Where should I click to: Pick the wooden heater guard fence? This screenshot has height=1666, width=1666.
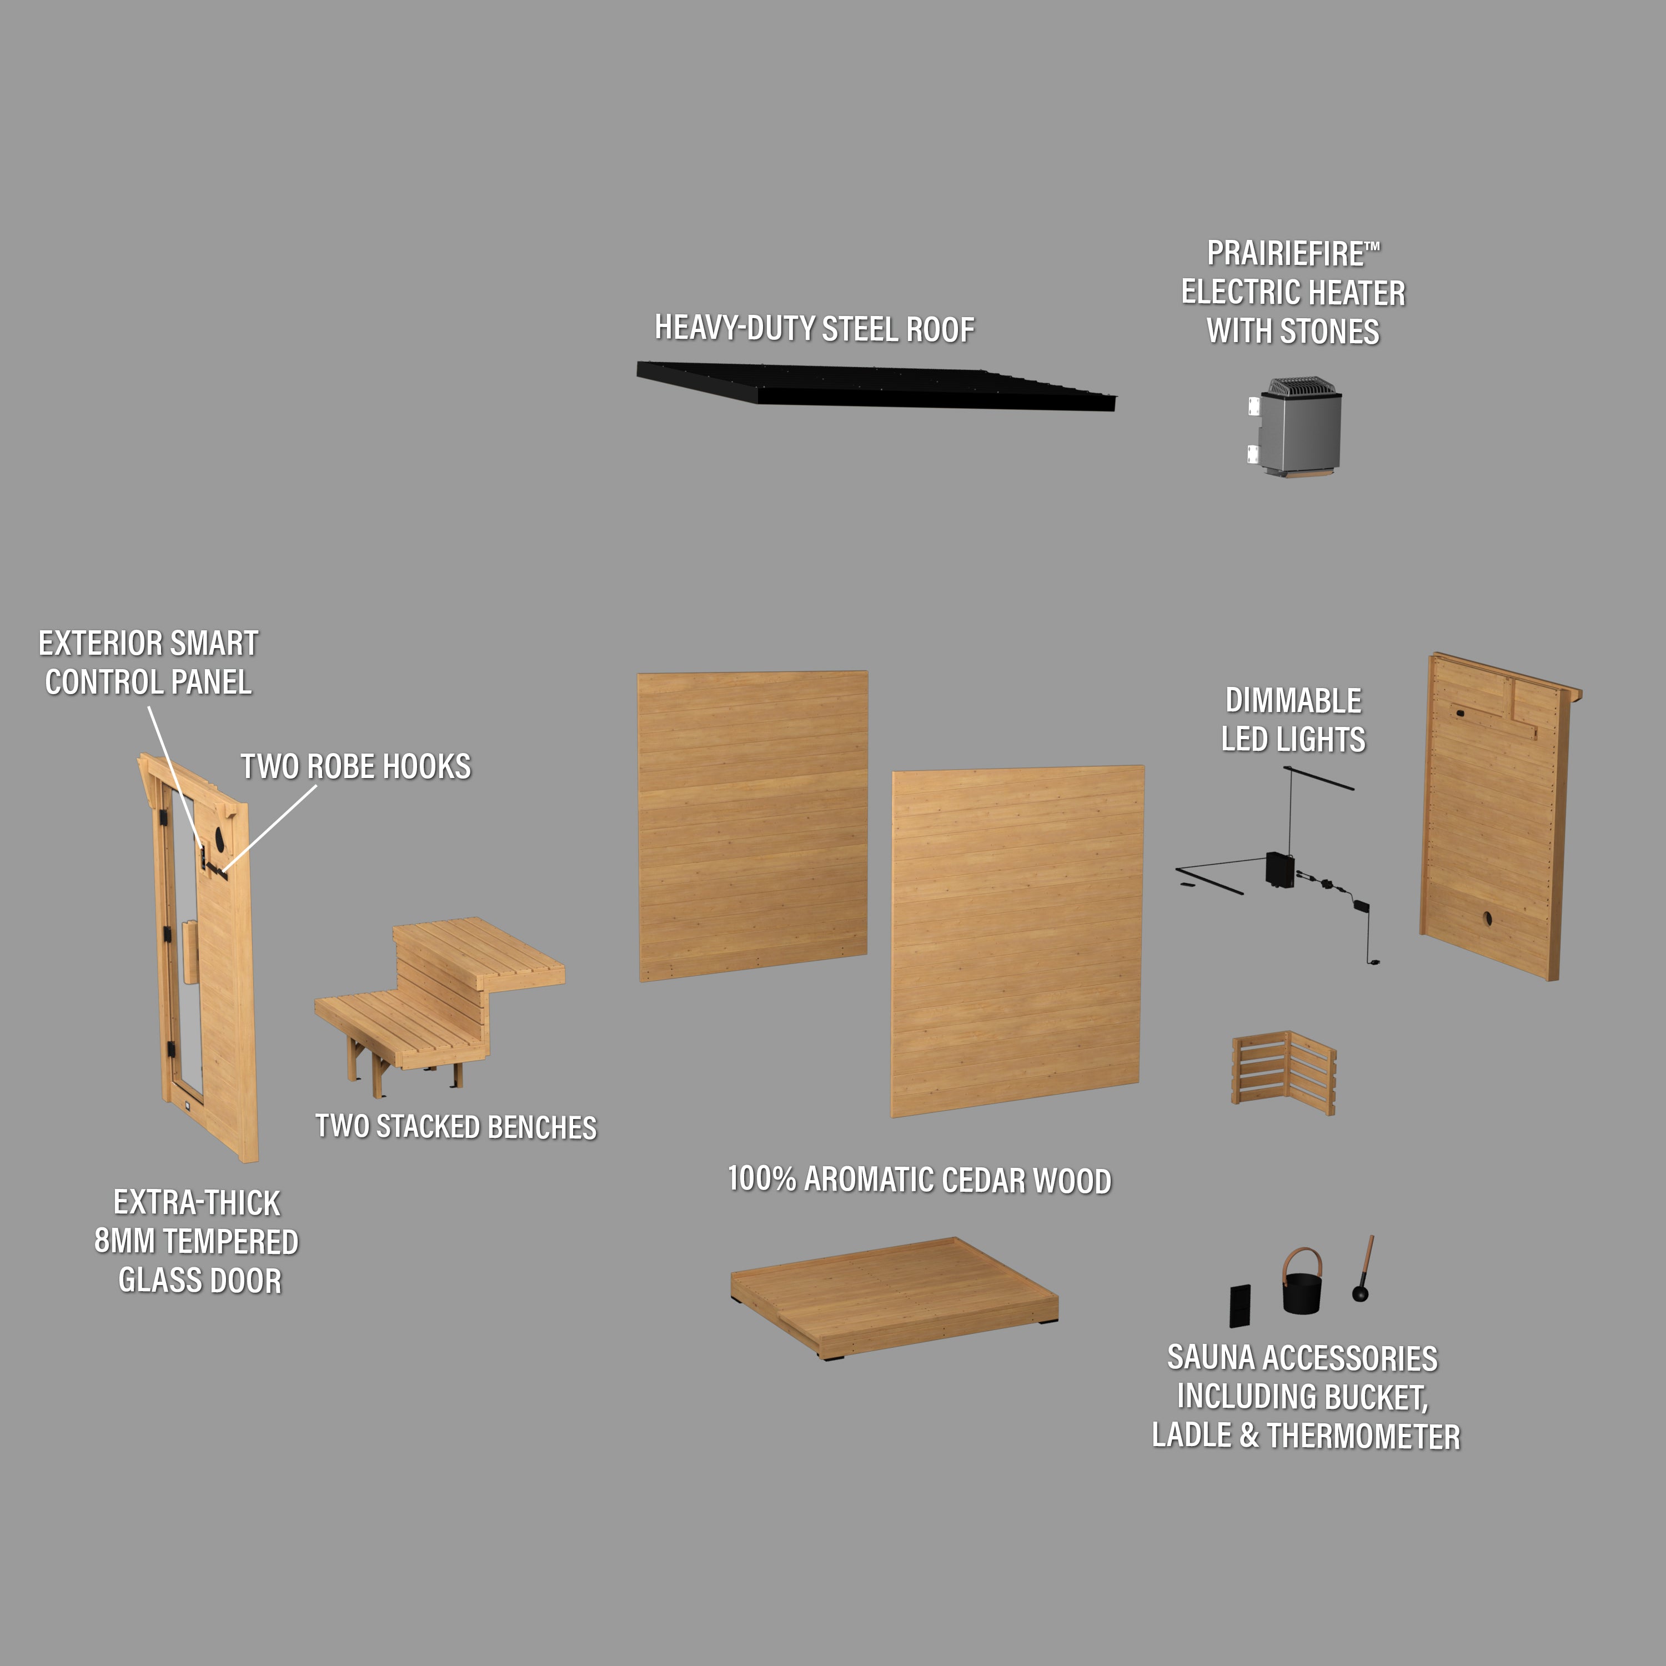click(1283, 1072)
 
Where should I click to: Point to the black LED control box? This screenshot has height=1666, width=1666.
click(1279, 869)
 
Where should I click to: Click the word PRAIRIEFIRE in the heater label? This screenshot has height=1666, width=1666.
click(1286, 254)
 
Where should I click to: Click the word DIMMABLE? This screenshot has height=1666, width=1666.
click(1293, 701)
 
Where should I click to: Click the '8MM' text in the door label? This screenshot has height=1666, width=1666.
click(124, 1242)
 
